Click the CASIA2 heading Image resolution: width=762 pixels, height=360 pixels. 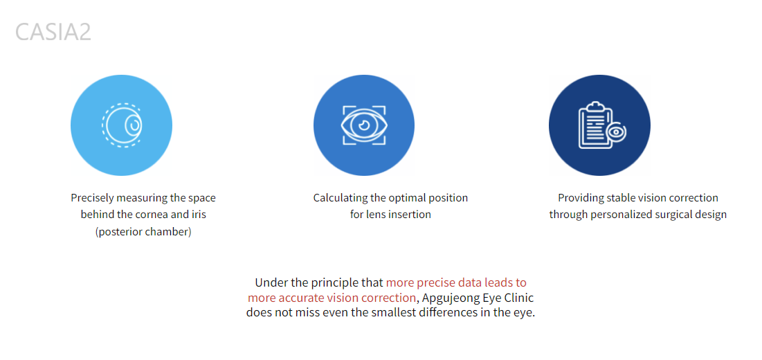coord(53,32)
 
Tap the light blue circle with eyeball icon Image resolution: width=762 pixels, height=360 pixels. coord(122,125)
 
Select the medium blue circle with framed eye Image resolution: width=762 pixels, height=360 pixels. coord(364,125)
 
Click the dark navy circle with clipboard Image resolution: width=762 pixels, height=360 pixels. coord(599,125)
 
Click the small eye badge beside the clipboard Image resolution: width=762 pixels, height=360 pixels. coord(617,132)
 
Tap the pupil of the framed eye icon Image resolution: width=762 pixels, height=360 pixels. coord(364,125)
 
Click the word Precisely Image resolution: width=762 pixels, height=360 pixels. coord(91,198)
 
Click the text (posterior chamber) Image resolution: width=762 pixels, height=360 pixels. coord(143,232)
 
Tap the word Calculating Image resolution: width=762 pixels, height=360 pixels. coord(338,198)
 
